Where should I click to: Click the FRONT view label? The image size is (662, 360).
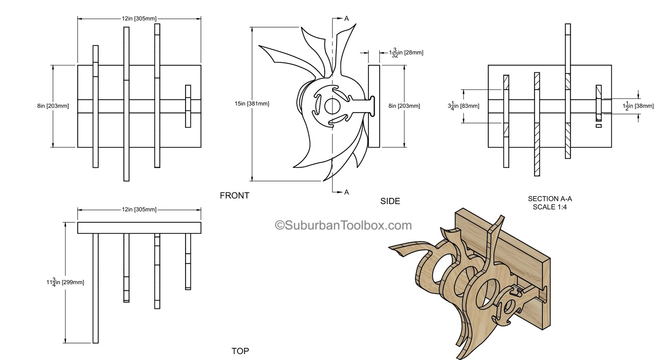coord(234,195)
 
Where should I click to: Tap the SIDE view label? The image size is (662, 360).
coord(390,201)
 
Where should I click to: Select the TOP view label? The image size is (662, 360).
coord(240,351)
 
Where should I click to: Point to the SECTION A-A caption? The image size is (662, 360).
coord(550,199)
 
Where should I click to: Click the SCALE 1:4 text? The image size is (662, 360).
coord(550,207)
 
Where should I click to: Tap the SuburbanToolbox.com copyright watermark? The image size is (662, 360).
coord(343,225)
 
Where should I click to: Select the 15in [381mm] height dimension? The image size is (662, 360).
coord(252,104)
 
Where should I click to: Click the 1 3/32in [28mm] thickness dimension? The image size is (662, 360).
coord(406,53)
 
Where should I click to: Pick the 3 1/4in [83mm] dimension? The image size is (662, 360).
coord(463,106)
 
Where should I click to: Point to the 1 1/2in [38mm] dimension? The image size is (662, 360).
coord(638,106)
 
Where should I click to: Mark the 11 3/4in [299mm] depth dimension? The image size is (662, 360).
coord(65,282)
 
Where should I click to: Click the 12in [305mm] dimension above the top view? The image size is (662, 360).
coord(139,209)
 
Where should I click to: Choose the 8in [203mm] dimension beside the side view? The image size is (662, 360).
coord(404,106)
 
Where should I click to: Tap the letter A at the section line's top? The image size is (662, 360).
coord(347,18)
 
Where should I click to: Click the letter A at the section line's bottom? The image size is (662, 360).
coord(347,192)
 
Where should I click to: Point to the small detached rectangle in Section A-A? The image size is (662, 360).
coord(599,126)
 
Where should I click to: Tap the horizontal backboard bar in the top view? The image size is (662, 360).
coord(139,228)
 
